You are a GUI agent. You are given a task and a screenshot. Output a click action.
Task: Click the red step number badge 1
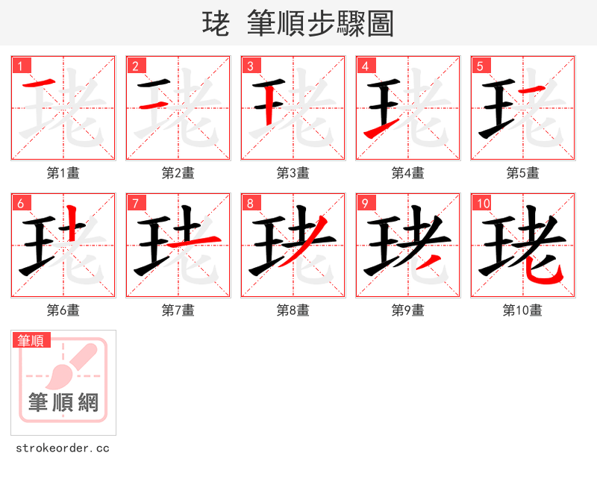click(x=21, y=66)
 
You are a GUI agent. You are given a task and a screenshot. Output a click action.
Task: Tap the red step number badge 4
click(x=366, y=66)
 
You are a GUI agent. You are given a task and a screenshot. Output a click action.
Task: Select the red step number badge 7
click(x=136, y=203)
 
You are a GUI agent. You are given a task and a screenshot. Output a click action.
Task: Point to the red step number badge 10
click(x=483, y=203)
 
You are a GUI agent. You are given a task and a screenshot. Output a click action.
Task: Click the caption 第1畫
click(x=63, y=173)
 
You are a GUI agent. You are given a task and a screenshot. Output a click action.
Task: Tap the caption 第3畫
click(x=293, y=173)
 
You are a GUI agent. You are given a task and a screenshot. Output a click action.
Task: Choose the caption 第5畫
click(x=522, y=173)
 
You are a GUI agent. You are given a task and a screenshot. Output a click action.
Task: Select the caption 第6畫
click(x=63, y=310)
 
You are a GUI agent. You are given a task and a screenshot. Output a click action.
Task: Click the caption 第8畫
click(x=293, y=310)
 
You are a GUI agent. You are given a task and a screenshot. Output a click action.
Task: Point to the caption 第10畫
click(x=522, y=310)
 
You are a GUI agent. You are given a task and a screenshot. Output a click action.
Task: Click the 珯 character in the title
click(x=216, y=24)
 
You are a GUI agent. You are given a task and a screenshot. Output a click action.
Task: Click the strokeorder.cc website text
click(x=63, y=448)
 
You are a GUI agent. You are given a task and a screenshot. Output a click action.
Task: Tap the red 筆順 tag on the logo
click(x=31, y=340)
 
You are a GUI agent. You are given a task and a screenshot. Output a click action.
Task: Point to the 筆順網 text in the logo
click(x=63, y=403)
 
